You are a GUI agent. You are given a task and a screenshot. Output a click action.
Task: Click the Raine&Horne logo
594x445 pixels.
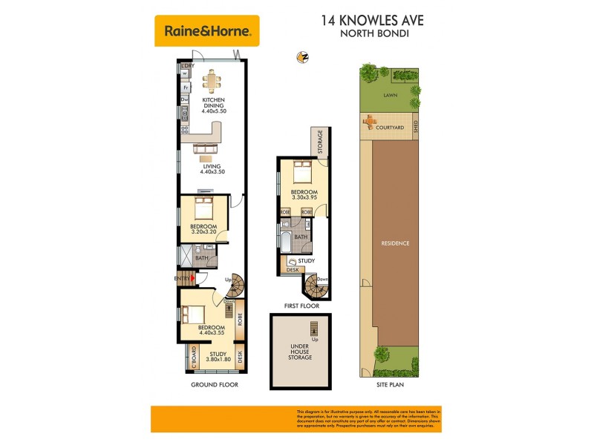click(207, 31)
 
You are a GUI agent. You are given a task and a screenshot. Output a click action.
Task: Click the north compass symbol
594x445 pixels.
click(302, 57)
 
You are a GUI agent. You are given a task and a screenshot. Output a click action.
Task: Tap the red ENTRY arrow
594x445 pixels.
click(194, 278)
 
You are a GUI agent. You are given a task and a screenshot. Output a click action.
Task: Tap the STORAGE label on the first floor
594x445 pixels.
click(320, 141)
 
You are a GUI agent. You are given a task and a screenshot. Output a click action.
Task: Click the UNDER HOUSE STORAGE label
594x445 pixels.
click(301, 351)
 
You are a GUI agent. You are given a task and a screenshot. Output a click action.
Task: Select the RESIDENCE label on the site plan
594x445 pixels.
click(395, 243)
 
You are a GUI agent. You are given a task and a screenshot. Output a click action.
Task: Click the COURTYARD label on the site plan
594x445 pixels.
click(390, 128)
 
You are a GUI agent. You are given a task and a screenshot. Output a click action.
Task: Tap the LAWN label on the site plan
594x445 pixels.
click(389, 96)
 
